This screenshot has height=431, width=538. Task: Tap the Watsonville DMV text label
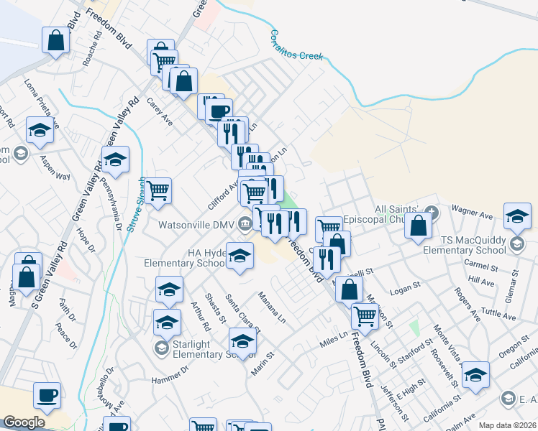197,225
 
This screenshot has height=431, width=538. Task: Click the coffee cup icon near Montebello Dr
47,395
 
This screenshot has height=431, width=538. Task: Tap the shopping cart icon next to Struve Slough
158,191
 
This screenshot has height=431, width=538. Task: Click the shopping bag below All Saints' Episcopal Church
418,227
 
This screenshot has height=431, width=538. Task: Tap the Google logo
24,422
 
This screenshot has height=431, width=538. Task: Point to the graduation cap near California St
475,376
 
